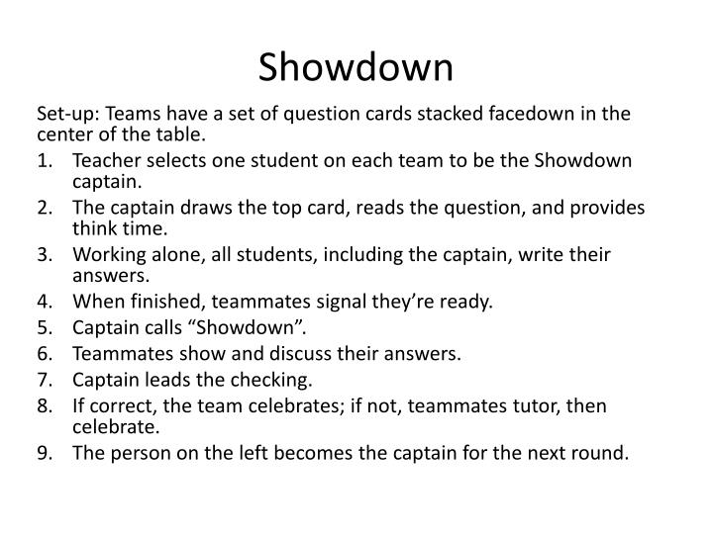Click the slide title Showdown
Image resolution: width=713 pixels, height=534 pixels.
[x=356, y=68]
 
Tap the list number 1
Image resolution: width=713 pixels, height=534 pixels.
[x=43, y=160]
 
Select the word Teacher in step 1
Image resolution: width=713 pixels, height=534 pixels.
[x=107, y=160]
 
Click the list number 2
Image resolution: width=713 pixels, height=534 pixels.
[x=43, y=208]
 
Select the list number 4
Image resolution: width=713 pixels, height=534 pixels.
[x=43, y=302]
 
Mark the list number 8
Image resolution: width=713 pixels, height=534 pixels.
[x=43, y=404]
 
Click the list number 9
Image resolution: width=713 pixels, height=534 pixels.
[x=43, y=454]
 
